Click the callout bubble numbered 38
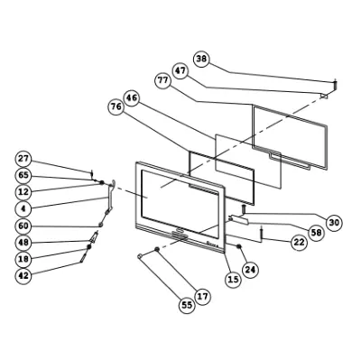click(201, 59)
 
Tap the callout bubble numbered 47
click(180, 71)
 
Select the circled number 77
click(163, 81)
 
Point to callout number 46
click(132, 98)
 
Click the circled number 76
click(116, 106)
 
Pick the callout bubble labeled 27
click(23, 159)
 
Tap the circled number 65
click(23, 175)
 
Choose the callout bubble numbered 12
click(23, 191)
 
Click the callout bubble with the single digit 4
click(23, 208)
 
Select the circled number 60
click(23, 226)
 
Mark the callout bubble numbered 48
click(23, 242)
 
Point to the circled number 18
click(23, 259)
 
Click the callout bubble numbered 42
click(23, 275)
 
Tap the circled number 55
click(187, 305)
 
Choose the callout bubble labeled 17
click(203, 297)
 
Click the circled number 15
click(233, 280)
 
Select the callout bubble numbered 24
click(250, 270)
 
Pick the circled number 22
click(299, 242)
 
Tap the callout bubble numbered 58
click(317, 232)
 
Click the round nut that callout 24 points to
click(239, 246)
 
